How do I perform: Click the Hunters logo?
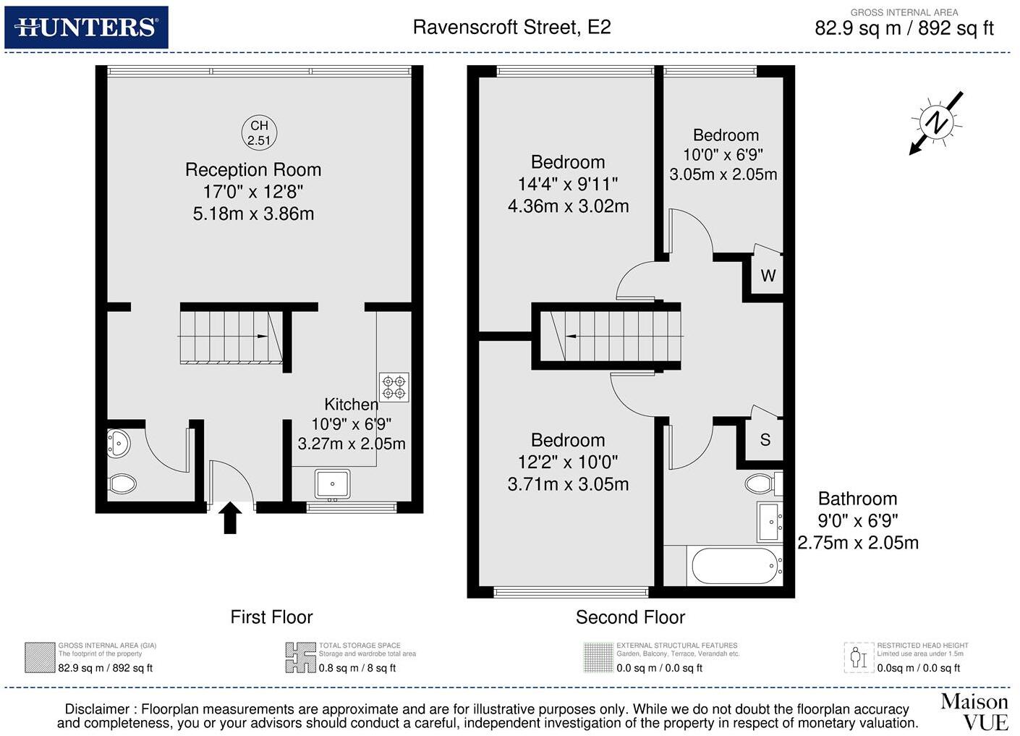pos(86,28)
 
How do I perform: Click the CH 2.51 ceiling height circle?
pos(259,133)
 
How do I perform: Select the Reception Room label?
pos(253,170)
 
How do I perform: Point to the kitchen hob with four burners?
pos(394,387)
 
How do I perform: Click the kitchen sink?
pos(333,483)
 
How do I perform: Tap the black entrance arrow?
pos(230,517)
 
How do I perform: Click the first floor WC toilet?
pos(122,483)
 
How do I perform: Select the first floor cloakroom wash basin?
pos(118,442)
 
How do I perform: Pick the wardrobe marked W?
pos(768,276)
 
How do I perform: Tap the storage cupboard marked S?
pos(765,439)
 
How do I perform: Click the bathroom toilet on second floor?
pos(760,483)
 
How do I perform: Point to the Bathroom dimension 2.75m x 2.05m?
pos(858,543)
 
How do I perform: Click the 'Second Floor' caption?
pos(630,617)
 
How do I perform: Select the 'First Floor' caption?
pos(271,617)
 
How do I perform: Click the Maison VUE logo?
pos(974,711)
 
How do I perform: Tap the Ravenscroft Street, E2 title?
pos(511,28)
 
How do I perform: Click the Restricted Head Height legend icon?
pos(859,657)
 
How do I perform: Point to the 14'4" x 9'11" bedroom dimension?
pos(568,185)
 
